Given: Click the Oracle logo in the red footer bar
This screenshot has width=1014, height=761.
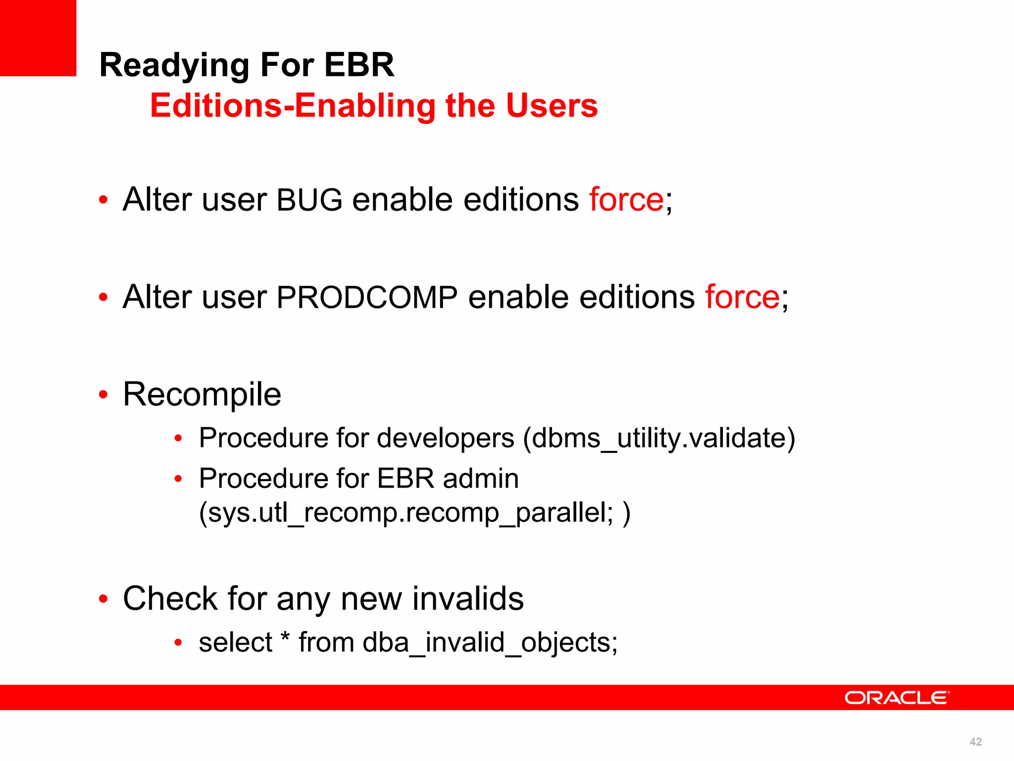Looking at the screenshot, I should click(x=897, y=698).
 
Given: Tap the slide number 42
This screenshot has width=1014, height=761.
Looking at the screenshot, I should click(x=975, y=742).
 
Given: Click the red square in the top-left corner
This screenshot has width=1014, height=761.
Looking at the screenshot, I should click(x=38, y=38).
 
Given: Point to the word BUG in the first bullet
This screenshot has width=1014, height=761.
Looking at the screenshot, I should click(x=309, y=200).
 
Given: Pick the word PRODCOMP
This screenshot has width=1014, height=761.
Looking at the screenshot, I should click(x=367, y=297).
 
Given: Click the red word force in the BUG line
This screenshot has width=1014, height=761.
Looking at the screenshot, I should click(x=626, y=200).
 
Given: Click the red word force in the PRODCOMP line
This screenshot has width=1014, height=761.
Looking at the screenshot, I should click(x=742, y=297).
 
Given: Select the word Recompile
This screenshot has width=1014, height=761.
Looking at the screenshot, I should click(x=202, y=395).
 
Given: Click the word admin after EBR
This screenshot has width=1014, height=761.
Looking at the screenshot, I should click(x=480, y=479).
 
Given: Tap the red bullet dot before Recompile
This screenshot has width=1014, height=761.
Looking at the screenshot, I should click(x=103, y=395).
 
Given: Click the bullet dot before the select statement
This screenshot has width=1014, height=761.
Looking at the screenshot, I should click(x=178, y=643).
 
